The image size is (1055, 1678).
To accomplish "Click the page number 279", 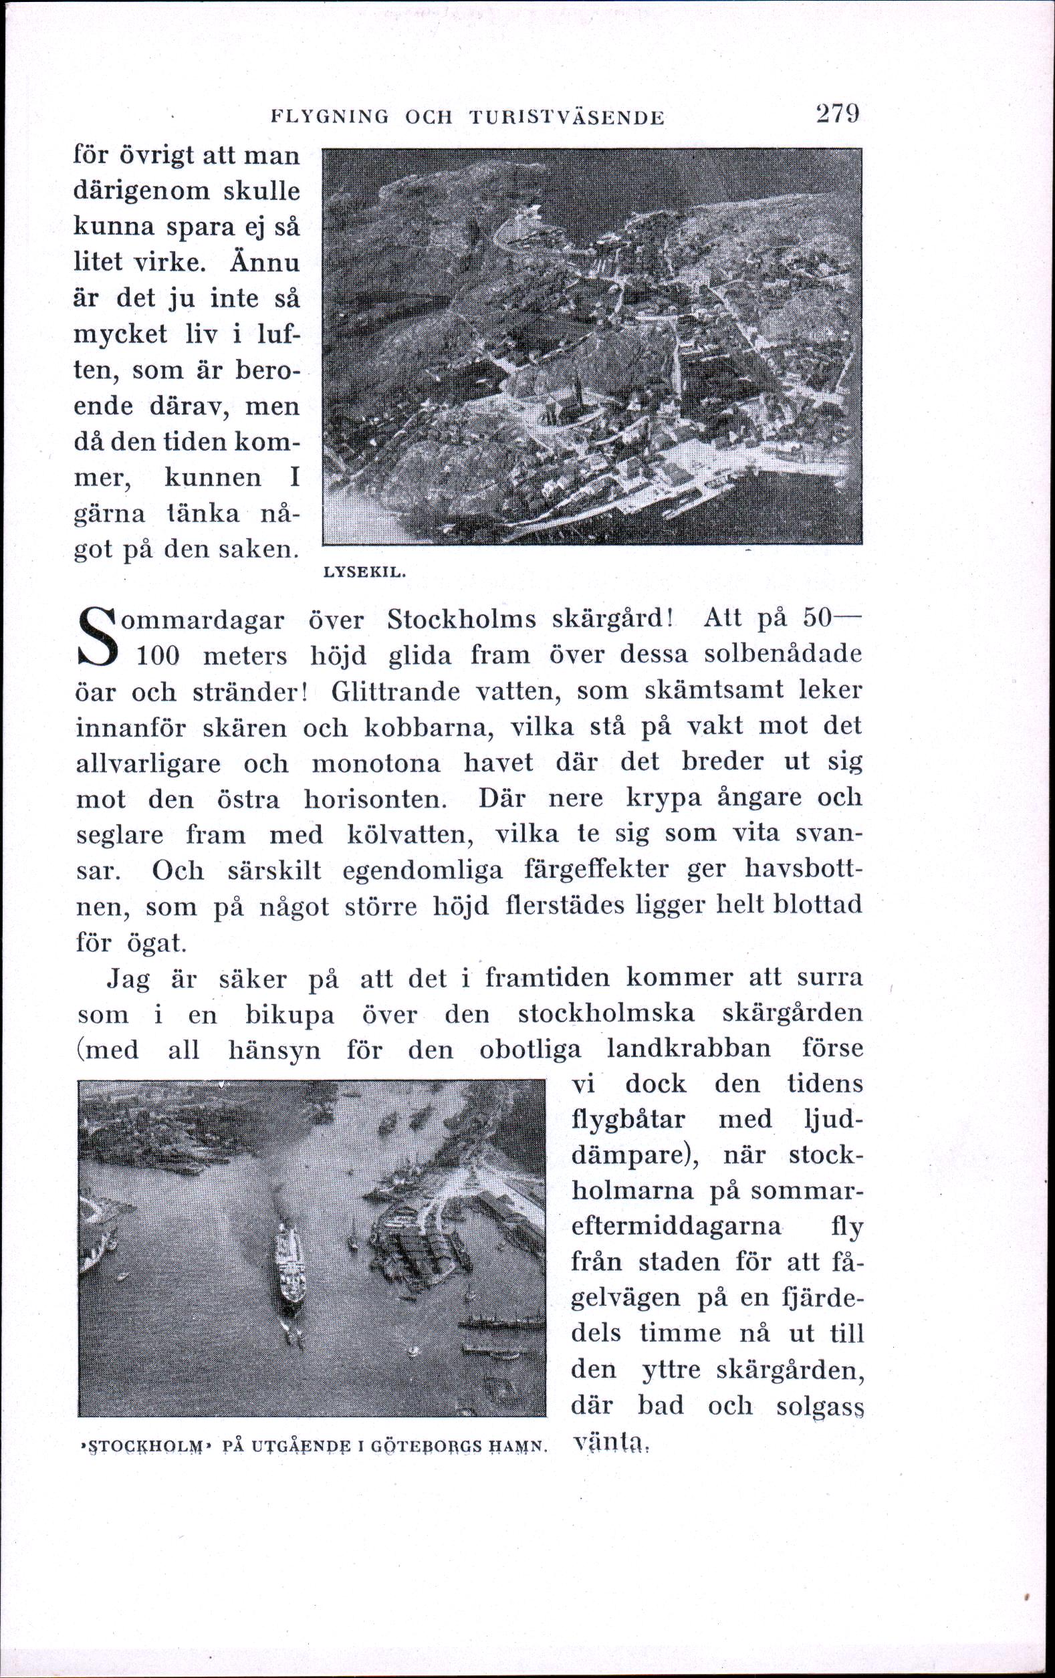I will [x=837, y=114].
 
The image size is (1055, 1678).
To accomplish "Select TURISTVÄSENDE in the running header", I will [x=567, y=118].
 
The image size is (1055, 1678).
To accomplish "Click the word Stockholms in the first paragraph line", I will [x=461, y=619].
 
